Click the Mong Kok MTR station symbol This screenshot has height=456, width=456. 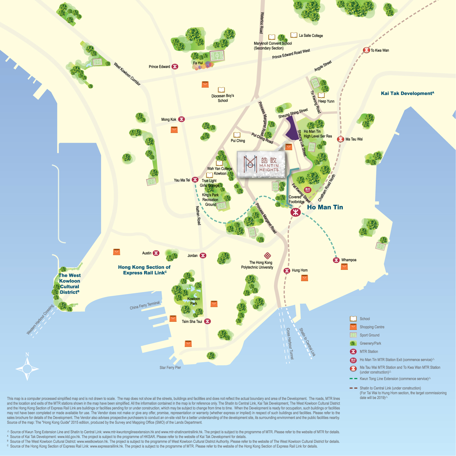pyautogui.click(x=182, y=119)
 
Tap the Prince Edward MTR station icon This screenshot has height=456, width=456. pyautogui.click(x=175, y=67)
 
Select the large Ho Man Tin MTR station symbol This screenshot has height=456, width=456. pyautogui.click(x=295, y=212)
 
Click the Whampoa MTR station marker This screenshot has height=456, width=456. pyautogui.click(x=336, y=260)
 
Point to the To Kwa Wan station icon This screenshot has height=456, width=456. pyautogui.click(x=366, y=50)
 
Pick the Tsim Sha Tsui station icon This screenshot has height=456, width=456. pyautogui.click(x=207, y=321)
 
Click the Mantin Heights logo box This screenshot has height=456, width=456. pyautogui.click(x=261, y=164)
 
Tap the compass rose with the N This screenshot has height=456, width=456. pyautogui.click(x=27, y=369)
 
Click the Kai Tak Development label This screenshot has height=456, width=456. pyautogui.click(x=407, y=93)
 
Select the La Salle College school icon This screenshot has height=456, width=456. pyautogui.click(x=294, y=35)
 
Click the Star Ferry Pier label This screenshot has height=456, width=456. pyautogui.click(x=170, y=368)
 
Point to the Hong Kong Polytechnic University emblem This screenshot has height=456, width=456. pyautogui.click(x=267, y=256)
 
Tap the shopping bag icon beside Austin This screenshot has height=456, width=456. pyautogui.click(x=117, y=252)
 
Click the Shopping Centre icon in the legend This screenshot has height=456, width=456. pyautogui.click(x=353, y=327)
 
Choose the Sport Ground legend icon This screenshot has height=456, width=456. pyautogui.click(x=353, y=335)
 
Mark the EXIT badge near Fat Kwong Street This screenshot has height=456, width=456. pyautogui.click(x=308, y=190)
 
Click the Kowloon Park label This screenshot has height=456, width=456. pyautogui.click(x=193, y=301)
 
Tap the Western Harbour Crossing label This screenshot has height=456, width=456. pyautogui.click(x=40, y=320)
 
